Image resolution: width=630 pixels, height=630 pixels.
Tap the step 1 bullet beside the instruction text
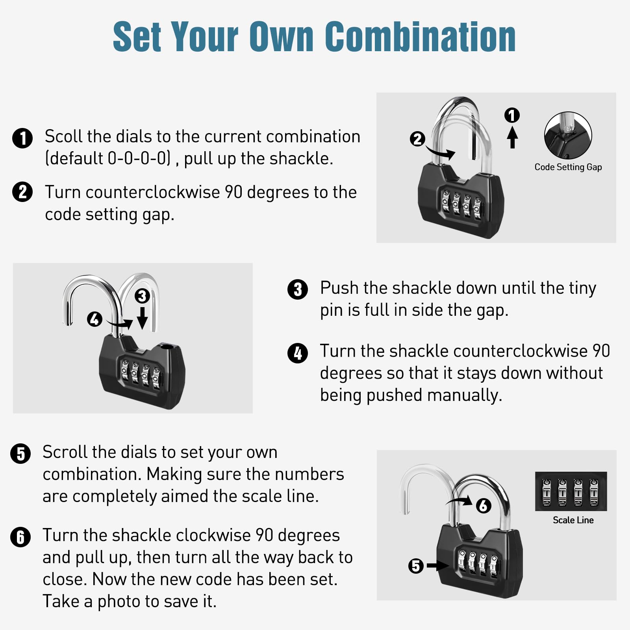coord(22,138)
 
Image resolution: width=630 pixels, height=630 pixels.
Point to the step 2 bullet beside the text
coord(22,192)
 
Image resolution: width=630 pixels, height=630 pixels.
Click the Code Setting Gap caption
coord(568,167)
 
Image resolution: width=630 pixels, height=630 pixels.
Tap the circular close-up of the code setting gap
coord(568,135)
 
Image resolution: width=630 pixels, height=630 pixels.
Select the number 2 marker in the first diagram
coord(417,139)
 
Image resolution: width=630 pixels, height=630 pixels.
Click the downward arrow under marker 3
coord(142,318)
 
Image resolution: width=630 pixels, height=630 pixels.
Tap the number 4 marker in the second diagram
coord(94,319)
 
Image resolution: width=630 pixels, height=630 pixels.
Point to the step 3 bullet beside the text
coord(298,290)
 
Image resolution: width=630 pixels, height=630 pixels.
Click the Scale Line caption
coord(573,520)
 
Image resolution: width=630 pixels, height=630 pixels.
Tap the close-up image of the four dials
coord(571,491)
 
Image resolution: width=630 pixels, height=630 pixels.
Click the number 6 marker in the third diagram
coord(484,506)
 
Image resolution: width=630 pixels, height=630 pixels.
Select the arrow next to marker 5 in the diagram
coord(438,566)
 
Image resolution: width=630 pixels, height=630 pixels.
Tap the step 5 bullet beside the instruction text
coord(20,454)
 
